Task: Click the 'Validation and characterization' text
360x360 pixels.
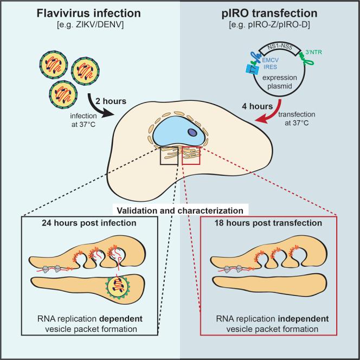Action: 179,208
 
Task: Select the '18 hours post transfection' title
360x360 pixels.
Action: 269,223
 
